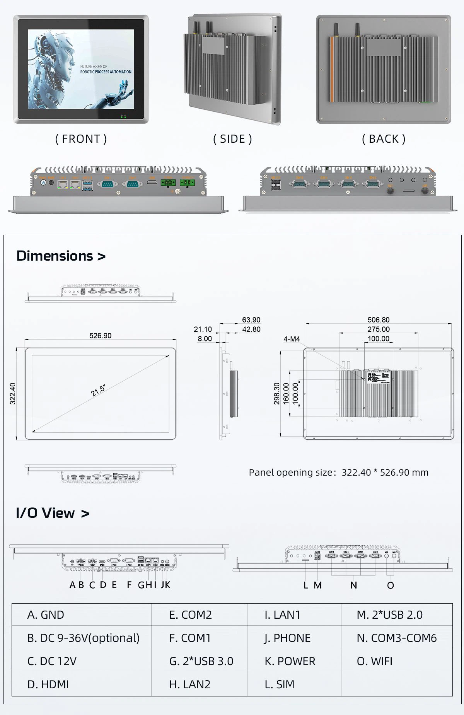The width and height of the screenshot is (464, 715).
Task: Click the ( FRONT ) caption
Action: pyautogui.click(x=81, y=139)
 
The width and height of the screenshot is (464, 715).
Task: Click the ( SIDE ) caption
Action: pyautogui.click(x=232, y=139)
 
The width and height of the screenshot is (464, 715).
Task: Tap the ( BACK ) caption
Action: pyautogui.click(x=384, y=139)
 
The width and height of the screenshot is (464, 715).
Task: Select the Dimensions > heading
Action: pyautogui.click(x=61, y=256)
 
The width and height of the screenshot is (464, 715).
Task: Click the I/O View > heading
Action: pyautogui.click(x=53, y=513)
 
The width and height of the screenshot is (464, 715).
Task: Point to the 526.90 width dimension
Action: pyautogui.click(x=100, y=336)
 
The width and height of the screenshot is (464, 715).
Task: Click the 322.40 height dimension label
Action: pyautogui.click(x=13, y=394)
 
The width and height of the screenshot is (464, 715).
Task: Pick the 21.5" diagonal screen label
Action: pyautogui.click(x=98, y=391)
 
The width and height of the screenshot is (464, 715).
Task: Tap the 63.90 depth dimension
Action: pyautogui.click(x=251, y=320)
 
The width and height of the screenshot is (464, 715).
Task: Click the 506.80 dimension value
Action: pyautogui.click(x=379, y=320)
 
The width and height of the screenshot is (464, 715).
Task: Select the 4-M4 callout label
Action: pyautogui.click(x=292, y=339)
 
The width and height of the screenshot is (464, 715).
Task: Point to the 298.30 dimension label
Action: pyautogui.click(x=277, y=394)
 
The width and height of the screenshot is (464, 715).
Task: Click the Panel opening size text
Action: pyautogui.click(x=338, y=472)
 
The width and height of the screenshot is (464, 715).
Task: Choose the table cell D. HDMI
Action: pyautogui.click(x=48, y=684)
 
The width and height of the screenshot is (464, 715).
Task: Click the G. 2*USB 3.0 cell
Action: pyautogui.click(x=201, y=661)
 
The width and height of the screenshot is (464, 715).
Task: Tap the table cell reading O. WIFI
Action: pyautogui.click(x=374, y=661)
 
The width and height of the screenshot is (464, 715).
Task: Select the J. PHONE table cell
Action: pyautogui.click(x=287, y=638)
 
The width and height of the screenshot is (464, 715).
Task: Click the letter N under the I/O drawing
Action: pyautogui.click(x=353, y=585)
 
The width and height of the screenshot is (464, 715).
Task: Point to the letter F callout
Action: pyautogui.click(x=129, y=585)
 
